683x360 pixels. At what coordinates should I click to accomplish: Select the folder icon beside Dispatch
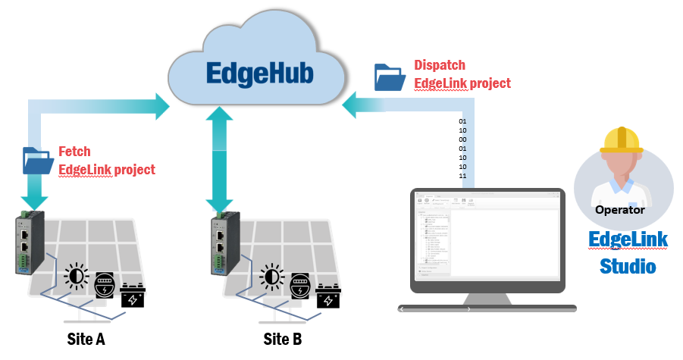390,77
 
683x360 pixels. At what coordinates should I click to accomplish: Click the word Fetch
74,152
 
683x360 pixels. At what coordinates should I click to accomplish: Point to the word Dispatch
440,65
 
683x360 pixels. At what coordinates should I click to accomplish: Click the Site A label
85,338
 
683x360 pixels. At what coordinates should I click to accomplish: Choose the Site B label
283,338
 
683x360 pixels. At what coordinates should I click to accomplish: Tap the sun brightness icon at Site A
77,277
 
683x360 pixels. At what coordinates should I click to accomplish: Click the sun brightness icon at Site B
271,277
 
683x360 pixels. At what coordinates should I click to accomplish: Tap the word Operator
620,210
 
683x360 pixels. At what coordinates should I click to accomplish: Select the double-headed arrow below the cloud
219,158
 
